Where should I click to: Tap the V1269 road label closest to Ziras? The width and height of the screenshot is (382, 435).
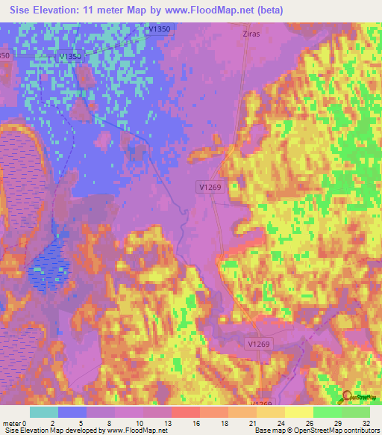pyautogui.click(x=210, y=188)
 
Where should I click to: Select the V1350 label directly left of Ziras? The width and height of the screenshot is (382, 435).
pyautogui.click(x=160, y=28)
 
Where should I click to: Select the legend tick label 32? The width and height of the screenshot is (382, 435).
pyautogui.click(x=365, y=423)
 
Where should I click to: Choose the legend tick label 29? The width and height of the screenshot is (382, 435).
pyautogui.click(x=336, y=423)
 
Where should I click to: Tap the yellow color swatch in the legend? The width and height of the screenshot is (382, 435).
pyautogui.click(x=298, y=412)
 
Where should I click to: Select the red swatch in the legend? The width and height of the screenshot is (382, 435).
pyautogui.click(x=186, y=412)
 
